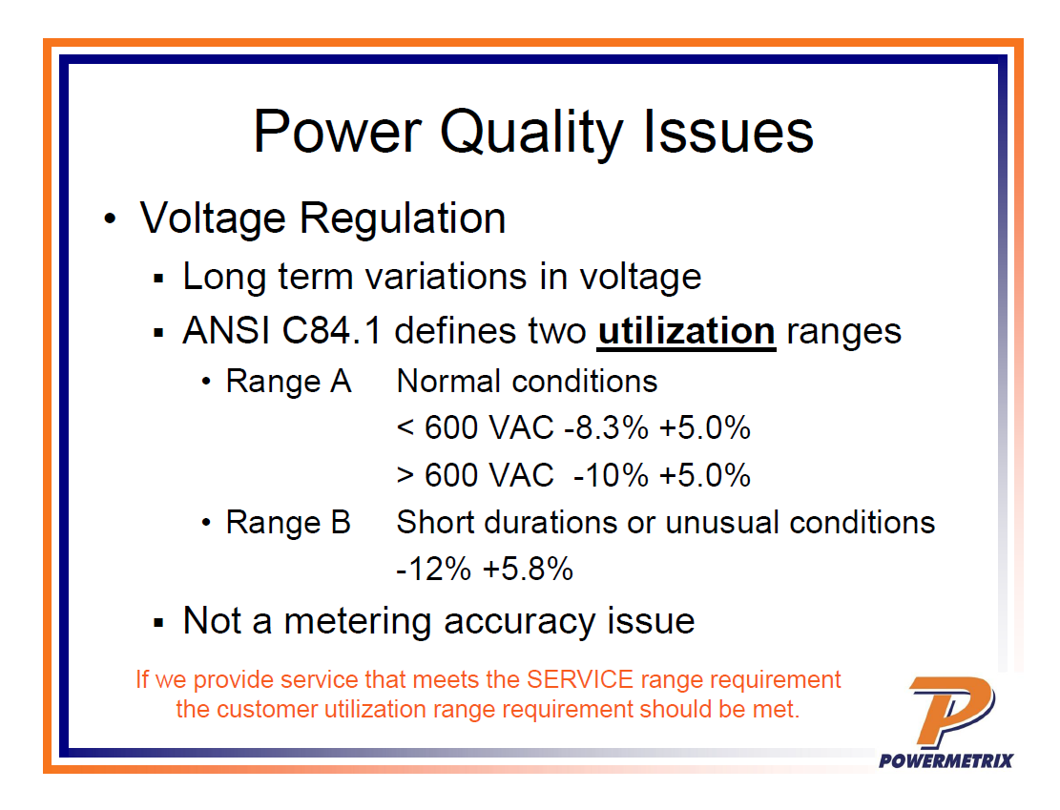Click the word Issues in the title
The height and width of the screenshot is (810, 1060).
[728, 132]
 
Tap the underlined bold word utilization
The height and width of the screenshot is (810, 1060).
[686, 331]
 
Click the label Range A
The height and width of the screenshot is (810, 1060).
[288, 382]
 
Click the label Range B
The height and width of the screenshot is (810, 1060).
[288, 523]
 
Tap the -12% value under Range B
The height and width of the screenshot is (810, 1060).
[434, 570]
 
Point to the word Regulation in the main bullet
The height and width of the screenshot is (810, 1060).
[403, 218]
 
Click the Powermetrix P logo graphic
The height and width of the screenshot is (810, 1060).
[948, 710]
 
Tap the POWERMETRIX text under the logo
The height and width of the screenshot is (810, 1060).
[946, 760]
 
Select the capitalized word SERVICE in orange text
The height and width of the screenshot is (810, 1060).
[579, 680]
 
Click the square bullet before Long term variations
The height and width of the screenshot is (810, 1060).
[159, 279]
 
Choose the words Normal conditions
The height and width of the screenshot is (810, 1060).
[527, 382]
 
